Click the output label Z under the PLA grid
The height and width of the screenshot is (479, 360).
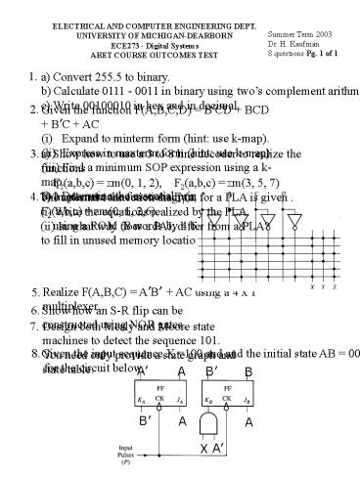[x=334, y=287]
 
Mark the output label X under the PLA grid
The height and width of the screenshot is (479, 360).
[x=313, y=287]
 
